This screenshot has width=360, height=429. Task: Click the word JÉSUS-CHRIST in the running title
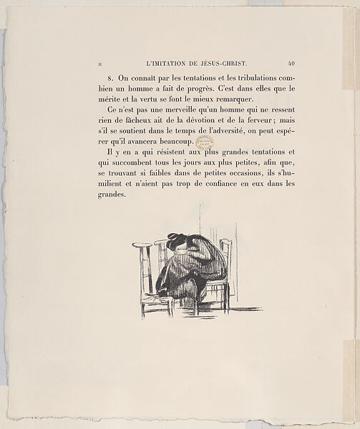pos(230,62)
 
